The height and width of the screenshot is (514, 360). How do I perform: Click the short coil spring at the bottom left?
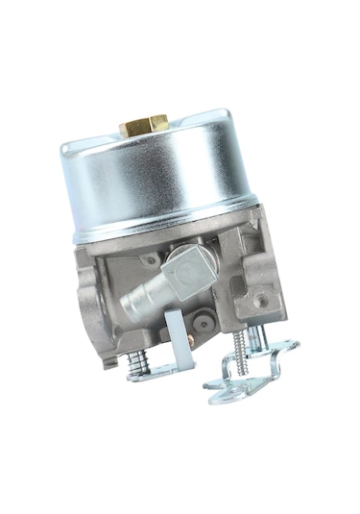pos(137,360)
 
